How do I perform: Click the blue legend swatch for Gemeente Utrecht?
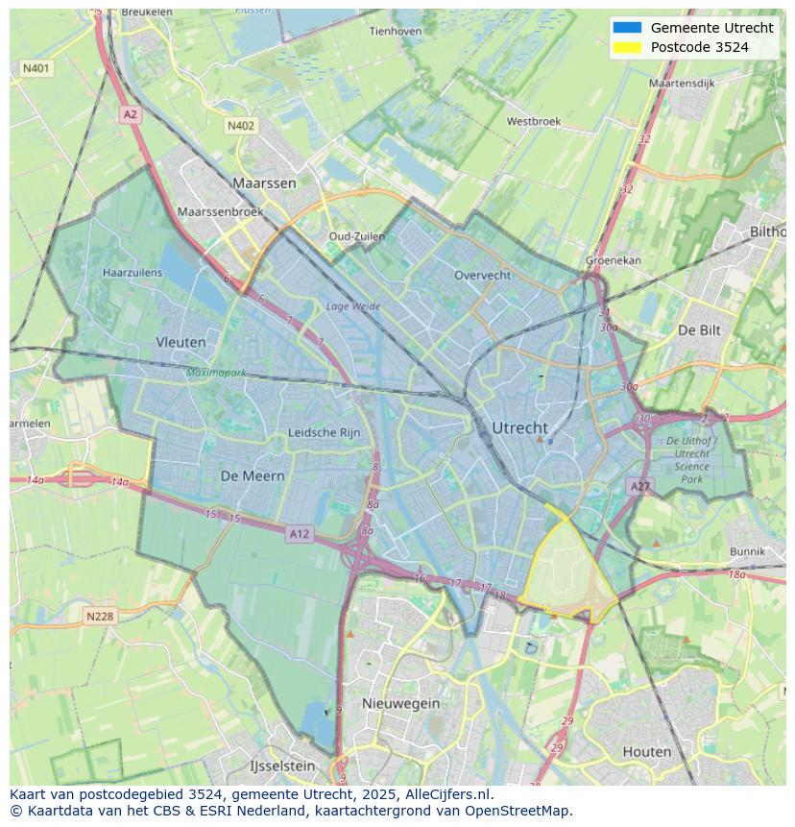626,28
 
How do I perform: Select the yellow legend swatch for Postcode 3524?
626,47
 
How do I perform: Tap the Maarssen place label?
264,182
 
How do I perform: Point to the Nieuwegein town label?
400,703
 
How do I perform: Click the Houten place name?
647,751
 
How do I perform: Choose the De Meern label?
253,475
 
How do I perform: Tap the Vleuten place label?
181,342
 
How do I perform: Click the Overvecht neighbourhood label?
482,275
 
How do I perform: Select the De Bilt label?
699,329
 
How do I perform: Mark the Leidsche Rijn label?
325,433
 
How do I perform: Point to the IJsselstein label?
282,766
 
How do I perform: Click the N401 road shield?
36,68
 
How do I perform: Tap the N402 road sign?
241,126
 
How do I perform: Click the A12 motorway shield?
299,533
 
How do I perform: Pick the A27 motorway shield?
640,487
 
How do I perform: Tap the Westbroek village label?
533,122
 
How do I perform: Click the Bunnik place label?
747,551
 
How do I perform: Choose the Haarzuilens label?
132,273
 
